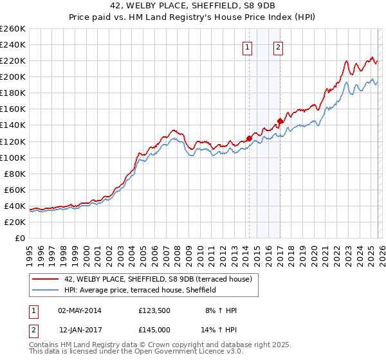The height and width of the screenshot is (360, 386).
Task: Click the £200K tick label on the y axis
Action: (x=12, y=76)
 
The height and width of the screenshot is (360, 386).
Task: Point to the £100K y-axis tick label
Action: (x=12, y=157)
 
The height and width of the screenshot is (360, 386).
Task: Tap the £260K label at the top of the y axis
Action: (x=12, y=28)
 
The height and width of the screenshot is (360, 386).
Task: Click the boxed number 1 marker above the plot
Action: (x=248, y=46)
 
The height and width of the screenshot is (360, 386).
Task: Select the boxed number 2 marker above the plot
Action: (x=279, y=46)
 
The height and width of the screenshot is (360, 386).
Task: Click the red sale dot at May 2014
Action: (x=249, y=138)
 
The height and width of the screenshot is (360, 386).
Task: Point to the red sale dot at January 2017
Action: (x=280, y=120)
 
